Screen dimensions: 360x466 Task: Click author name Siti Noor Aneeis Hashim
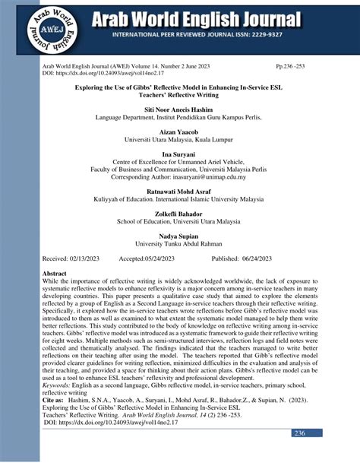pyautogui.click(x=180, y=110)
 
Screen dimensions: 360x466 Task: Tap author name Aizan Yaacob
pyautogui.click(x=180, y=132)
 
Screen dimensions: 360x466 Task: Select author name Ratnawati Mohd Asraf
pyautogui.click(x=180, y=192)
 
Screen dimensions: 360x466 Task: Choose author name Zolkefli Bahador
pyautogui.click(x=180, y=214)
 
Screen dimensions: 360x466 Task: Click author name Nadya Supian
pyautogui.click(x=180, y=236)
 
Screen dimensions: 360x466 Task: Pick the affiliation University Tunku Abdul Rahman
pyautogui.click(x=180, y=244)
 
